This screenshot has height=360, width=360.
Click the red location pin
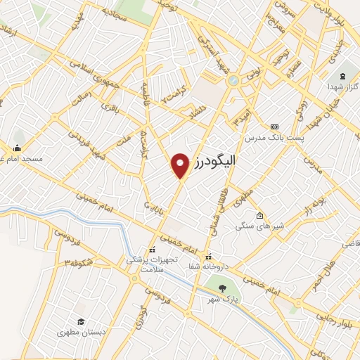click(181, 165)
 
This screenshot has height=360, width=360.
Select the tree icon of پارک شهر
click(223, 288)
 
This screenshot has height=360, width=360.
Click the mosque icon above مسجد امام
click(17, 148)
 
